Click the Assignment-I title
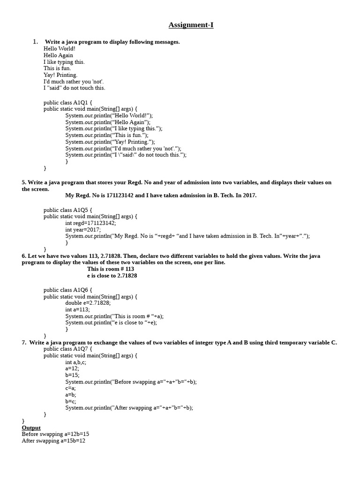(191, 25)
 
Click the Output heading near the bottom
(31, 427)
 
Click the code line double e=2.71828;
(88, 303)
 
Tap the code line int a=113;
(77, 309)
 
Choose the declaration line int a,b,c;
(75, 362)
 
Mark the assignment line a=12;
(72, 368)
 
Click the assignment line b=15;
(72, 375)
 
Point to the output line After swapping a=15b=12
(53, 441)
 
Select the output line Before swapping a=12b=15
(55, 434)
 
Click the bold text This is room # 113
(111, 269)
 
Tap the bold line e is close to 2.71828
(112, 276)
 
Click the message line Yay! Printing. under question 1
(60, 75)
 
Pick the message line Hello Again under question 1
(58, 55)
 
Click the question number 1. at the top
(35, 42)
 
